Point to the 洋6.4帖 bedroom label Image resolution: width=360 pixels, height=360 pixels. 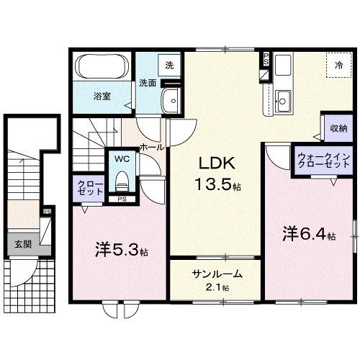307,234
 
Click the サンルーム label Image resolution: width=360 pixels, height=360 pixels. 217,274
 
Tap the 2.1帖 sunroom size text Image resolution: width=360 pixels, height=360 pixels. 217,287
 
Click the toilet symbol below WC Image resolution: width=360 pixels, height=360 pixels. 121,176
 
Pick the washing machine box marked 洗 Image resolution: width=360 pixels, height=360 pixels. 169,64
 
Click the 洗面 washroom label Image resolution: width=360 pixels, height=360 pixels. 147,83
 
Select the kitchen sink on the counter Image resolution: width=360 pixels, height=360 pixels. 283,101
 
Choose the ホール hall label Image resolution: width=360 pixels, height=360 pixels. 150,146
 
